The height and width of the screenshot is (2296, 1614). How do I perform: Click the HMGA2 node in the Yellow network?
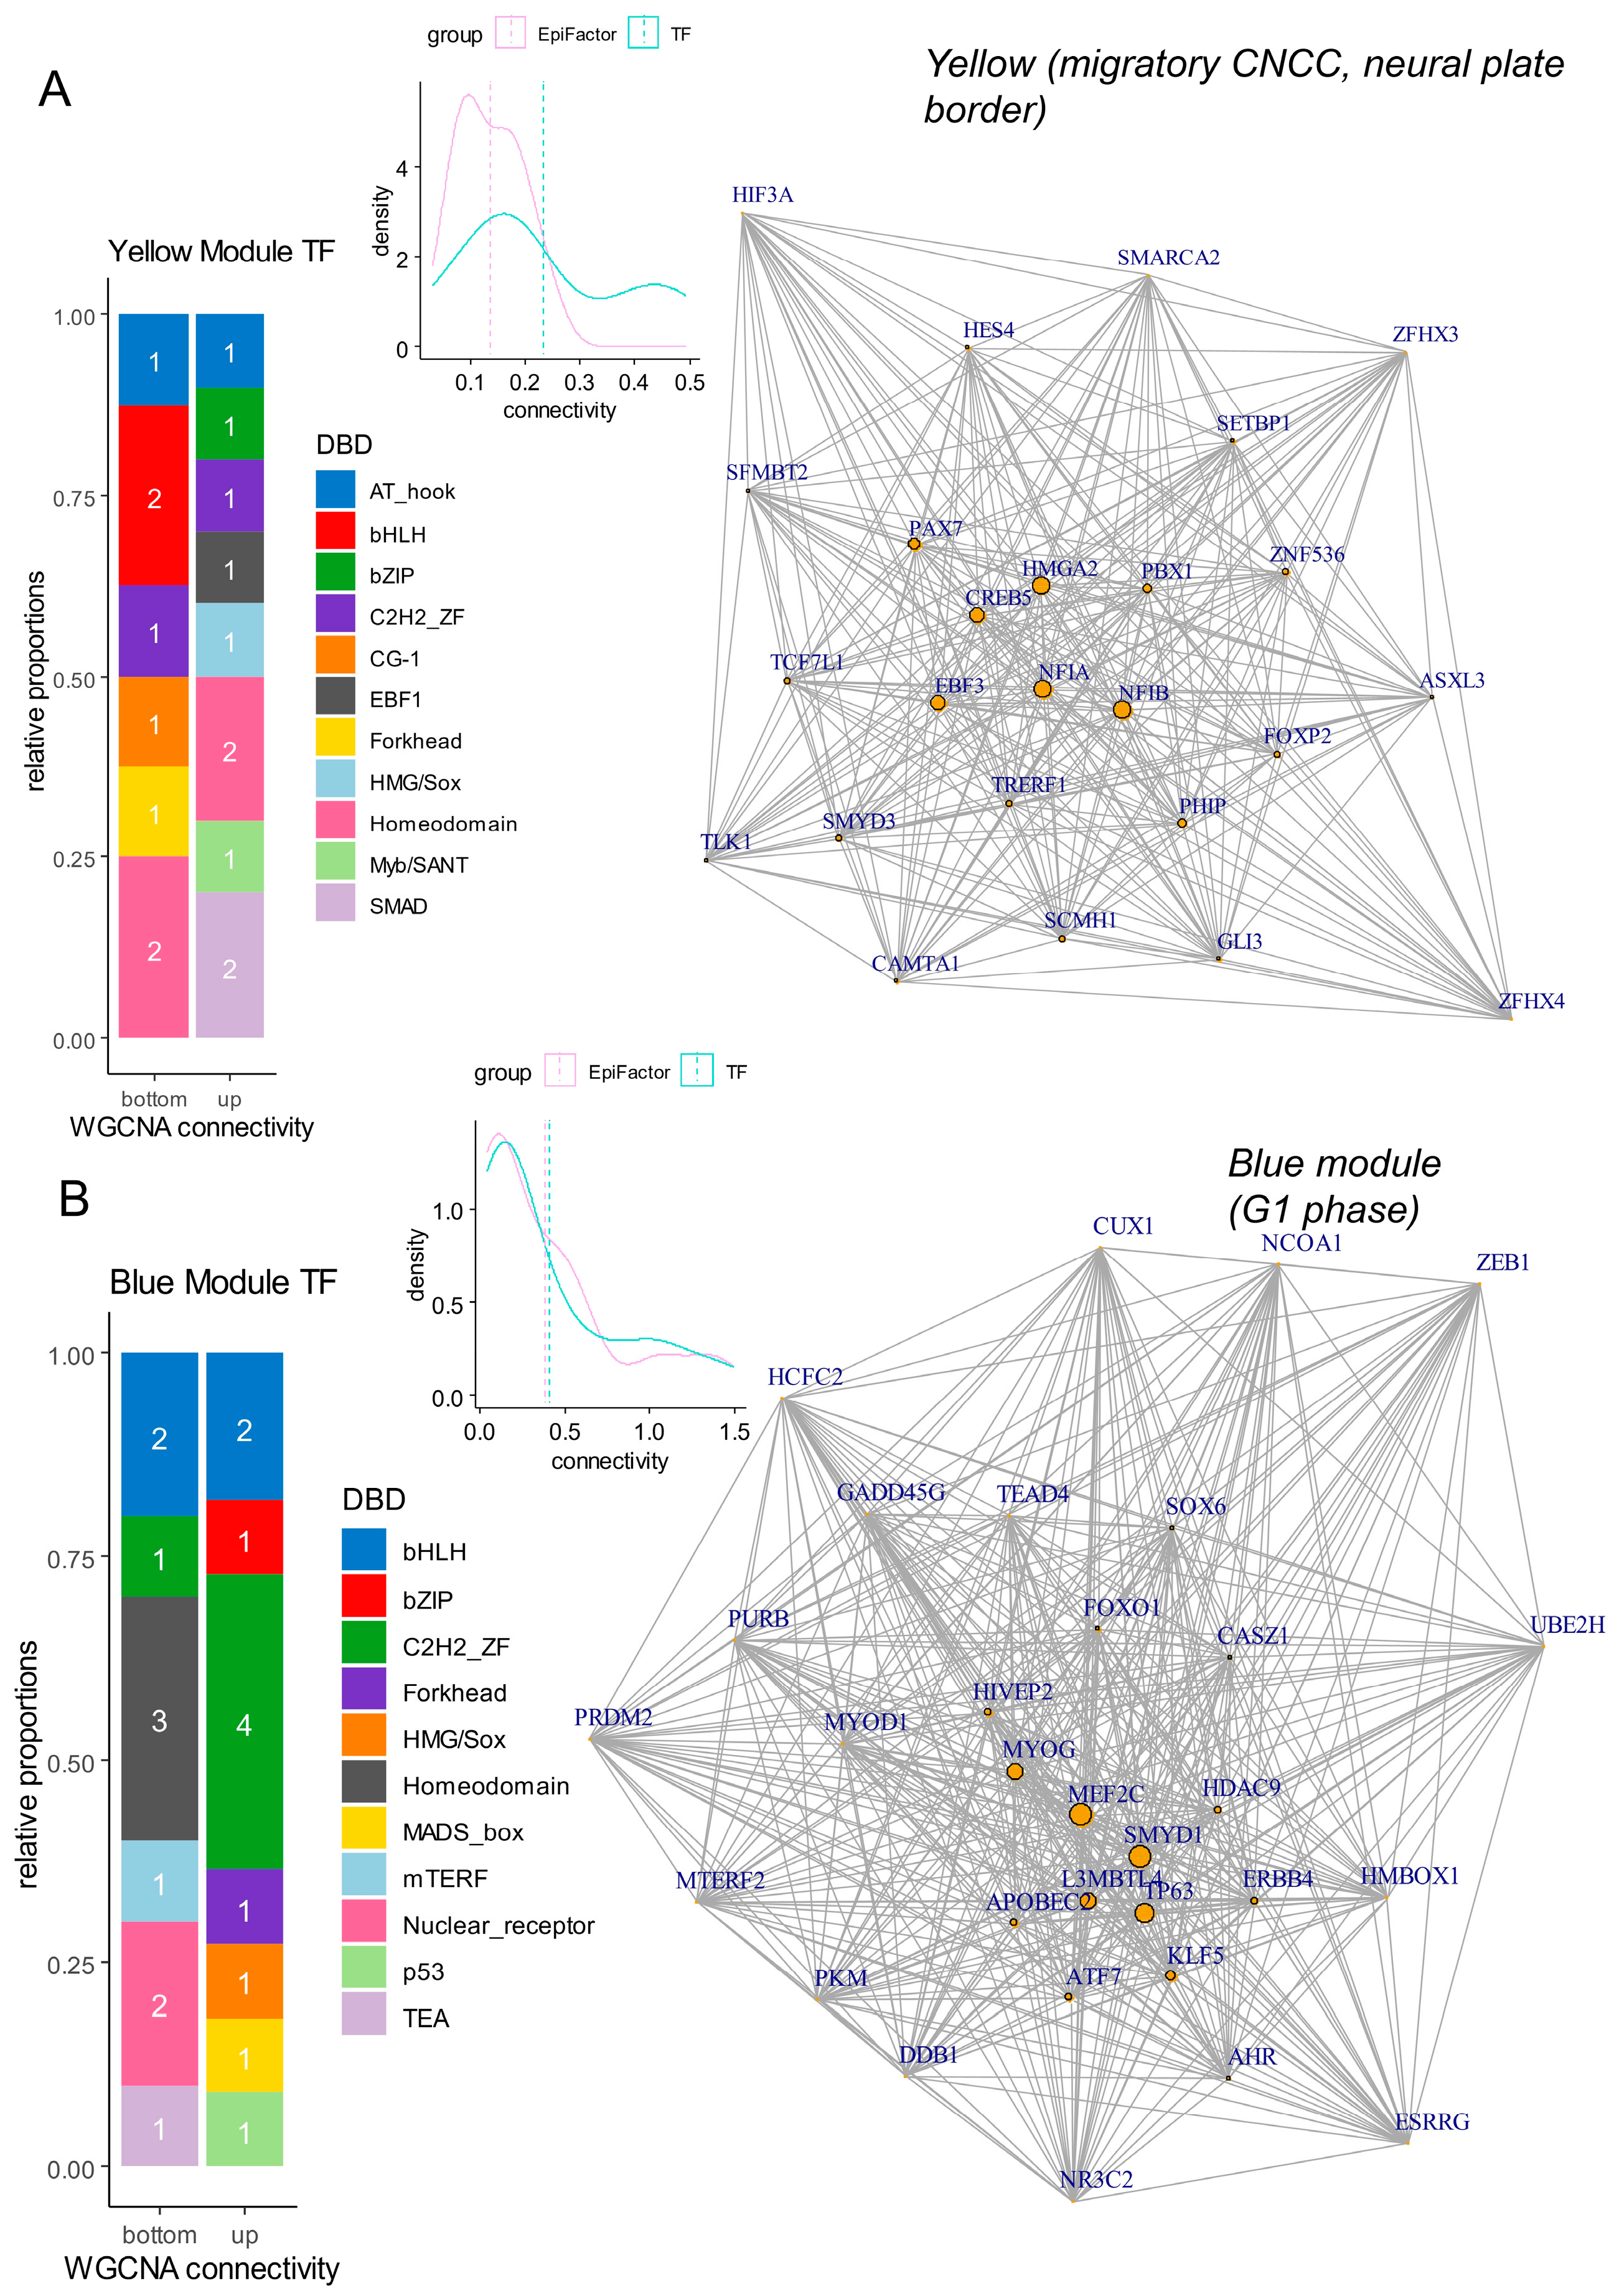point(1040,585)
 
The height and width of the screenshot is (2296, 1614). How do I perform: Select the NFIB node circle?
point(1122,709)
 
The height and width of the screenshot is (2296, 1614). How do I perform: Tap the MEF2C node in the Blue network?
point(1080,1814)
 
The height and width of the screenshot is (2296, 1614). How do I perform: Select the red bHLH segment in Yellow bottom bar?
point(154,496)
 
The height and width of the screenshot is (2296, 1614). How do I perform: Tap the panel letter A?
point(55,90)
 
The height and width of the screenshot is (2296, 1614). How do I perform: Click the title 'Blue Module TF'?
point(223,1281)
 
